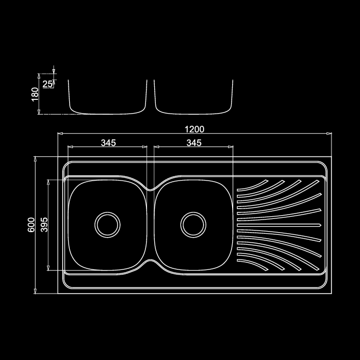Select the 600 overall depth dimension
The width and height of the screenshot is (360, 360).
[31, 225]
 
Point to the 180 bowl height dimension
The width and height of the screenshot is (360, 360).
[35, 94]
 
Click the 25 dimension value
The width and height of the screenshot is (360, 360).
[47, 84]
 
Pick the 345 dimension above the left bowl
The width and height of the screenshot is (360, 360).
[108, 143]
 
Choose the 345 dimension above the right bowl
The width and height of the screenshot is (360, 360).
[194, 143]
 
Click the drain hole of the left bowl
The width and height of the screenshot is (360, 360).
[107, 223]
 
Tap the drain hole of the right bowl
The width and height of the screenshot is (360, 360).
[193, 223]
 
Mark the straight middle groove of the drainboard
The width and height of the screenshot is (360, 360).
[277, 225]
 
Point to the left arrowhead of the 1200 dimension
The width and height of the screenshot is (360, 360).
[60, 133]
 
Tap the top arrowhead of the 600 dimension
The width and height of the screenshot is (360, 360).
[36, 159]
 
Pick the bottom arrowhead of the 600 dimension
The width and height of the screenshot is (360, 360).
[36, 291]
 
